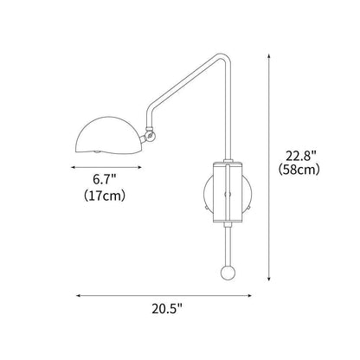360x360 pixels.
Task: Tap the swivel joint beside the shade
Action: [x=150, y=134]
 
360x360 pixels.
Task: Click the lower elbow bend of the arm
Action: [x=157, y=121]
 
